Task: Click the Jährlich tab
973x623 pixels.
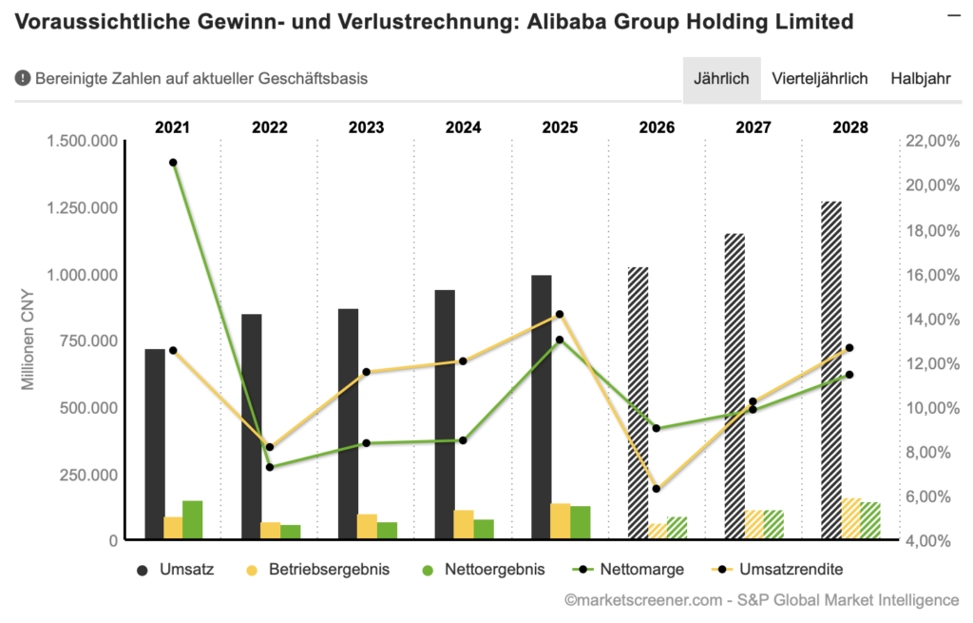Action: pyautogui.click(x=721, y=79)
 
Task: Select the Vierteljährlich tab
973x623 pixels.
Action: pyautogui.click(x=819, y=79)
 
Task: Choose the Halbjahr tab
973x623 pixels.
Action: pyautogui.click(x=920, y=79)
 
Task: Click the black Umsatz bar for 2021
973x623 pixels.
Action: pyautogui.click(x=154, y=444)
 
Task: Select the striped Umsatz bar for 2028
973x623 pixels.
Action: pyautogui.click(x=831, y=371)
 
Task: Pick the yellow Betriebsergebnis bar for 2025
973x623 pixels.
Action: pyautogui.click(x=561, y=521)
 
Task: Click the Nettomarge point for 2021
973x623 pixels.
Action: pyautogui.click(x=173, y=163)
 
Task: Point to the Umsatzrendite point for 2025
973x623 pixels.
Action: pyautogui.click(x=561, y=314)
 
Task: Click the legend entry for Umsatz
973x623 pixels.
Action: pyautogui.click(x=177, y=570)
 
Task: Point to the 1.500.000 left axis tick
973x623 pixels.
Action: pyautogui.click(x=84, y=141)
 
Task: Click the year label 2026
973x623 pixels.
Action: pyautogui.click(x=657, y=127)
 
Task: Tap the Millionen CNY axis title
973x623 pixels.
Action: pyautogui.click(x=29, y=340)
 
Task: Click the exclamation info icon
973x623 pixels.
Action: pyautogui.click(x=23, y=79)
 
